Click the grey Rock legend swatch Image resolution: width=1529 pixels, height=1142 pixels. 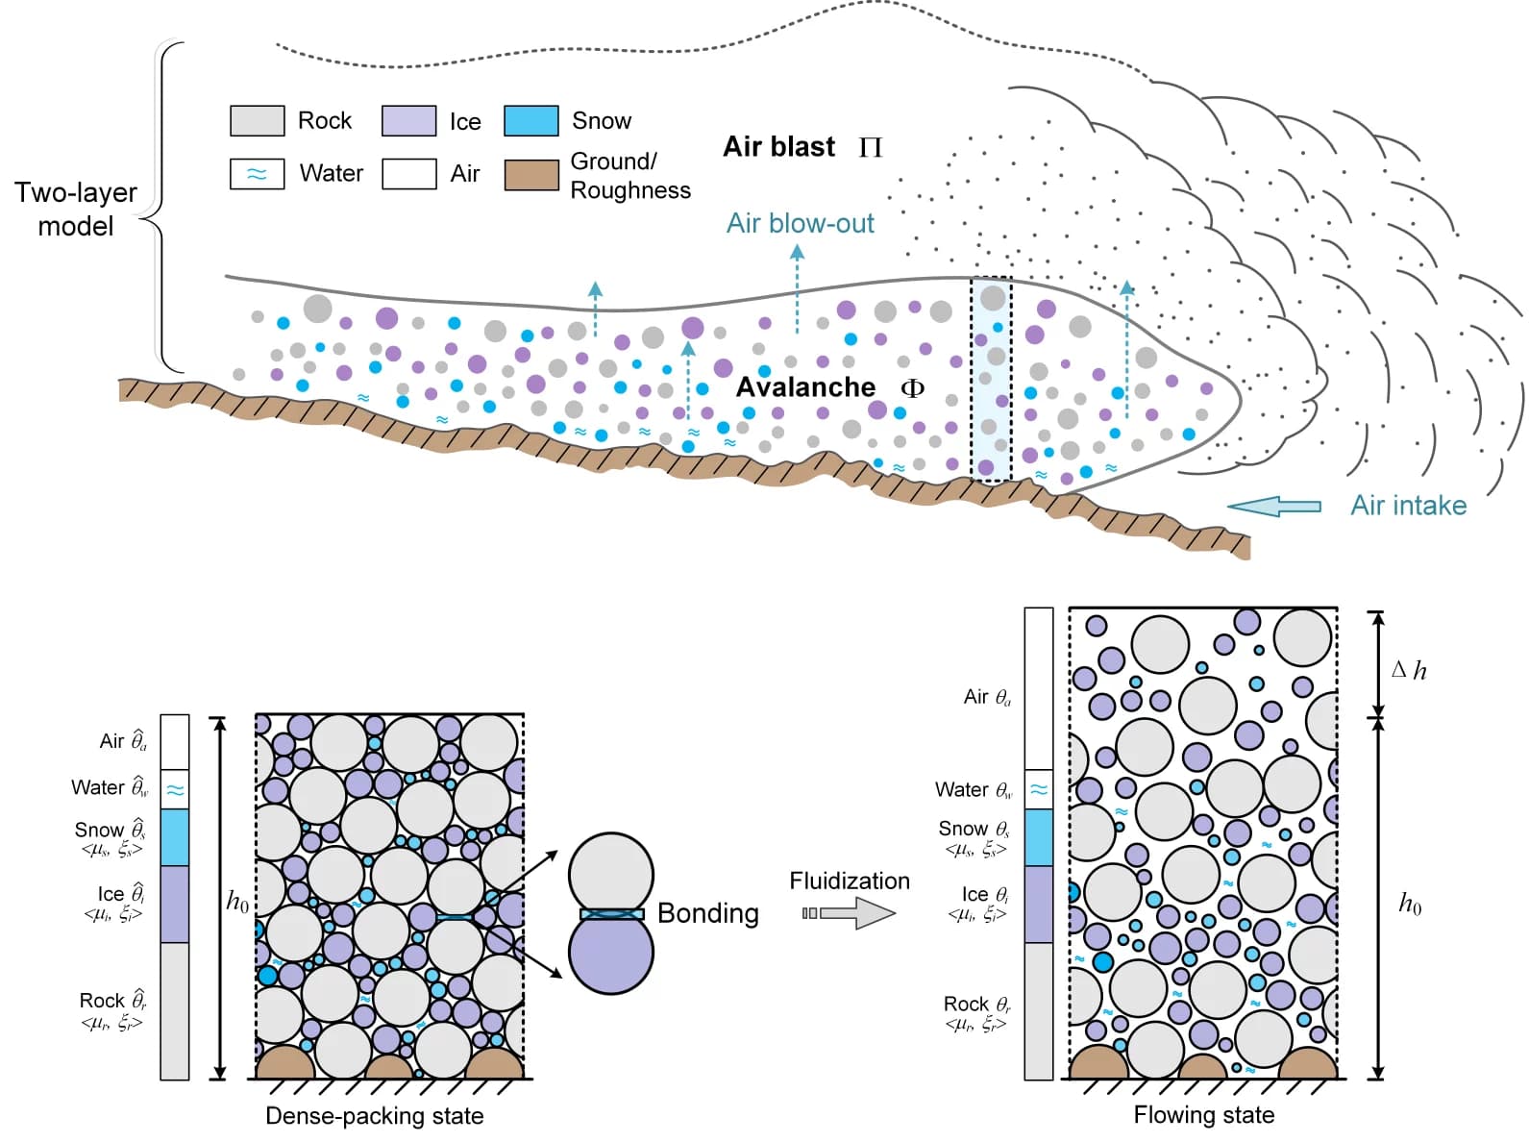[x=257, y=120]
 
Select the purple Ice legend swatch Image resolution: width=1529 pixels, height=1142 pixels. [x=408, y=120]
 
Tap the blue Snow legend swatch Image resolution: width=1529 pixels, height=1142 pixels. [x=530, y=120]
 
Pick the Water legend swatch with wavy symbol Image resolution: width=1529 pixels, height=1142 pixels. [x=257, y=173]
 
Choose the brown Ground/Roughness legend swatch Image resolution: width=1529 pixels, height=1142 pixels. [x=531, y=174]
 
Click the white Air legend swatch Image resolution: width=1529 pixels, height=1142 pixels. [x=408, y=173]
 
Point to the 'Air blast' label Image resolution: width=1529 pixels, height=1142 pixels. [x=778, y=146]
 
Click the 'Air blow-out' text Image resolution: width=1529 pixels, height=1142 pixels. [x=800, y=223]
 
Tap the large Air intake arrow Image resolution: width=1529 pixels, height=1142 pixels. [x=1274, y=507]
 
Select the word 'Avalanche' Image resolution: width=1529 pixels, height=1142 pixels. [x=805, y=386]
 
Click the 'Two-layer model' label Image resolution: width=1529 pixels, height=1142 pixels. [x=75, y=209]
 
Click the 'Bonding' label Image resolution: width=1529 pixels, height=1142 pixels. [x=707, y=913]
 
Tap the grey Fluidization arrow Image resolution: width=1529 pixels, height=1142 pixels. [x=849, y=913]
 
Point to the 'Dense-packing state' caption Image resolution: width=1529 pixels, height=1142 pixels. [x=375, y=1115]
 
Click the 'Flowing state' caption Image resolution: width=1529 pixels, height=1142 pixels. [x=1204, y=1115]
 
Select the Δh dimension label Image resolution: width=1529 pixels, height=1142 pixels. [x=1409, y=670]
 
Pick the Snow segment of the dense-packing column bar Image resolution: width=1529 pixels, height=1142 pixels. [x=175, y=837]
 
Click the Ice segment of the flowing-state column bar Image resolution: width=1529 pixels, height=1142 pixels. [x=1039, y=905]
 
